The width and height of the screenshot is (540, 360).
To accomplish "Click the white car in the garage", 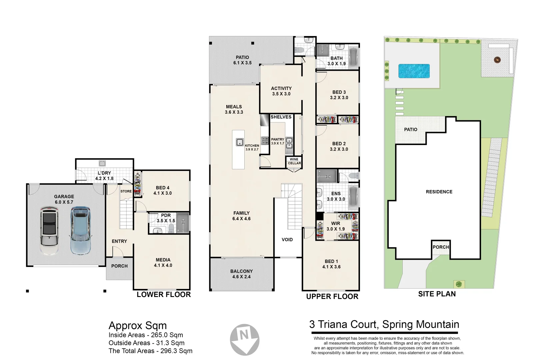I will pyautogui.click(x=49, y=231).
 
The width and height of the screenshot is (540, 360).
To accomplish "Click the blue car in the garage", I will pyautogui.click(x=80, y=231).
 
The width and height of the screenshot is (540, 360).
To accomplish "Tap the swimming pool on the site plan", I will pyautogui.click(x=414, y=71).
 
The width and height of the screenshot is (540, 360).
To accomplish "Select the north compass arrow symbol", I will pyautogui.click(x=245, y=339).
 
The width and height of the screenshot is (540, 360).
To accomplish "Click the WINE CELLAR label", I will pyautogui.click(x=294, y=161).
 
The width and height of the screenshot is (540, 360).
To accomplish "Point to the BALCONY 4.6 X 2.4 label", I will pyautogui.click(x=241, y=274).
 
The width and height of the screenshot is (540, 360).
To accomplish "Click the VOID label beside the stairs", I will pyautogui.click(x=287, y=240).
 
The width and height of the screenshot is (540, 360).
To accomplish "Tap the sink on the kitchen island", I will pyautogui.click(x=240, y=142).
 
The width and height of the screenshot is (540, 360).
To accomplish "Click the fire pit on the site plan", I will pyautogui.click(x=498, y=60).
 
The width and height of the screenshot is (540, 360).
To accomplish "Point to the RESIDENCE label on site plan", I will pyautogui.click(x=439, y=192).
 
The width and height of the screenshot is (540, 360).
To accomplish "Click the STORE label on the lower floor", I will pyautogui.click(x=126, y=191).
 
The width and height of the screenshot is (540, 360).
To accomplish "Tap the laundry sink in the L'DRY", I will pyautogui.click(x=102, y=163).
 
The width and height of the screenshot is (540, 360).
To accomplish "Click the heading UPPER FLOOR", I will pyautogui.click(x=332, y=297).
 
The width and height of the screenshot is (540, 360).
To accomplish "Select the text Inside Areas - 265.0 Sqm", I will pyautogui.click(x=146, y=335).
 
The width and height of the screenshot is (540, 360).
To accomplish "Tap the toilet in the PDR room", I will pyautogui.click(x=171, y=228).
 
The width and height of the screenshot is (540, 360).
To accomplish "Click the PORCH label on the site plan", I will pyautogui.click(x=441, y=247).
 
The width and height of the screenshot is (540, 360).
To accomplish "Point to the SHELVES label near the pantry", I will pyautogui.click(x=281, y=117).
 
